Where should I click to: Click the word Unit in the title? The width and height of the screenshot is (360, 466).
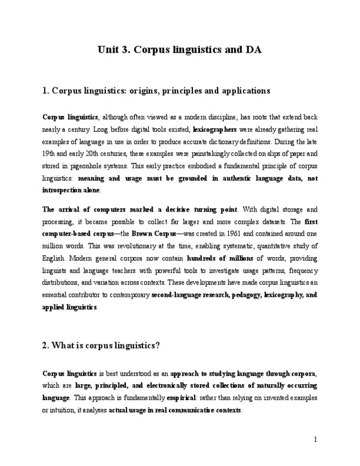click(x=110, y=50)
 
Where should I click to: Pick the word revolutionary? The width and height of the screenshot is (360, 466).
click(x=134, y=246)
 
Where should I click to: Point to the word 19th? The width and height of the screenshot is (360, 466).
click(x=49, y=154)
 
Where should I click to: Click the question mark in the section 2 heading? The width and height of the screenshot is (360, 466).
click(x=158, y=346)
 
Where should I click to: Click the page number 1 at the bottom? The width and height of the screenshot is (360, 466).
click(x=315, y=440)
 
